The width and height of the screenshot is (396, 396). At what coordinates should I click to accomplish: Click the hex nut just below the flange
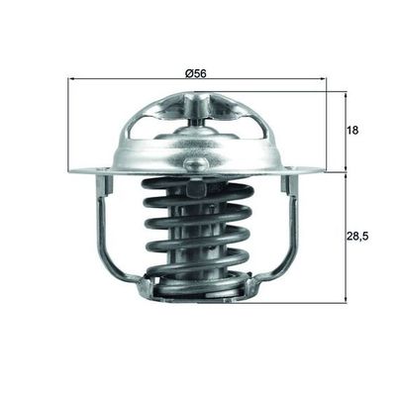193,188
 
